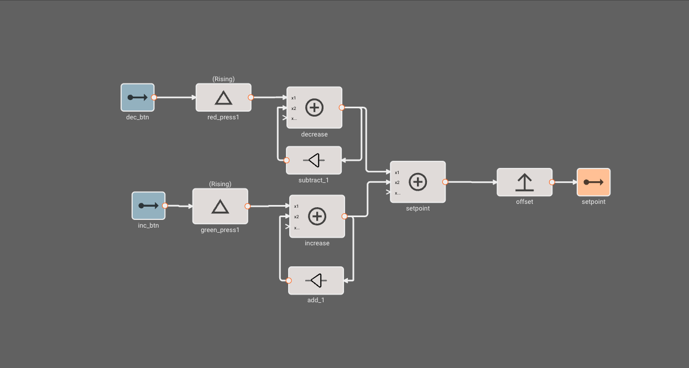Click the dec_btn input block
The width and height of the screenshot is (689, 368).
138,97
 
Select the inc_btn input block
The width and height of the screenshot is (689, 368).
148,206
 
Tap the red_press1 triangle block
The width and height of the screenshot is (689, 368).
223,98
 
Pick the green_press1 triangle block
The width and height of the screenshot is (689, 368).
220,206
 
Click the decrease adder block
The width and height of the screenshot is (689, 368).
314,107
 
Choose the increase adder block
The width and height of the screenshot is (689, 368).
317,216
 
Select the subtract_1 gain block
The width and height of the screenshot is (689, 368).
314,160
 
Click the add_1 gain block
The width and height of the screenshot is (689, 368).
316,281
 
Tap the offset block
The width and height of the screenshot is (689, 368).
524,182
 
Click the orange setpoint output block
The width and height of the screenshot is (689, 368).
593,182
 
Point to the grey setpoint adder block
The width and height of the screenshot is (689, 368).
417,182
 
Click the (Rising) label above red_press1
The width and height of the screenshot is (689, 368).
223,79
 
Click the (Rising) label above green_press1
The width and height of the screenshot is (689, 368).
220,184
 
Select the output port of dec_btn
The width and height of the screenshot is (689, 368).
154,97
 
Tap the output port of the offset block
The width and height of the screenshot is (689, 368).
552,182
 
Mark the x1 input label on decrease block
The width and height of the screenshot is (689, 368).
294,98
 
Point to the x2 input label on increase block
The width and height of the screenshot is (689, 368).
296,217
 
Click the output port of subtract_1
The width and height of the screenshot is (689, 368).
286,160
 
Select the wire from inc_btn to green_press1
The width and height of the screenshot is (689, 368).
179,206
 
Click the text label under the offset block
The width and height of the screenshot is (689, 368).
524,202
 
